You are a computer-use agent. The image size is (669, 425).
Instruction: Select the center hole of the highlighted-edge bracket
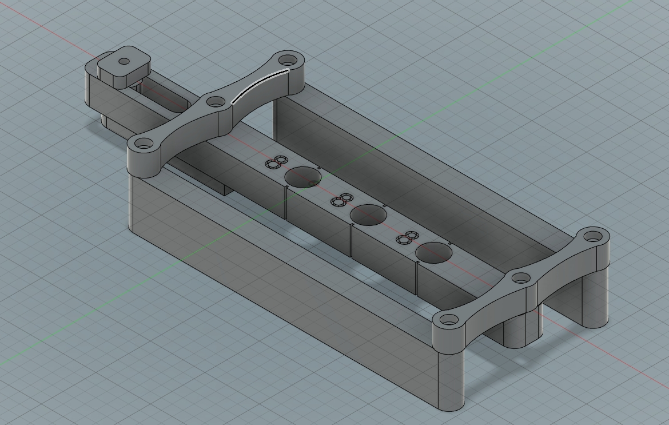point(216,102)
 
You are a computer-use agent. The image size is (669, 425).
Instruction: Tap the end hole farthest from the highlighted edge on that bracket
point(142,145)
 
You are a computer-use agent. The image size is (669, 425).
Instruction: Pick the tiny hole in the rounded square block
point(124,61)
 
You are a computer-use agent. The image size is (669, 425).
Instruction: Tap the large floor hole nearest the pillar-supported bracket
point(433,252)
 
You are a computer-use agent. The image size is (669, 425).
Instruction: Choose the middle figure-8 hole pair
point(342,200)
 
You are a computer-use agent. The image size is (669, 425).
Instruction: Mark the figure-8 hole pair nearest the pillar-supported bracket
point(408,238)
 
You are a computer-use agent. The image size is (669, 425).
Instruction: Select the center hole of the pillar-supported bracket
point(521,279)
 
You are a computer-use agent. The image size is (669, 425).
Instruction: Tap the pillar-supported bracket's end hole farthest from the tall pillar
point(594,235)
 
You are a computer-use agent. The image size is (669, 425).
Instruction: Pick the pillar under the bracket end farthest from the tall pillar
point(595,297)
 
